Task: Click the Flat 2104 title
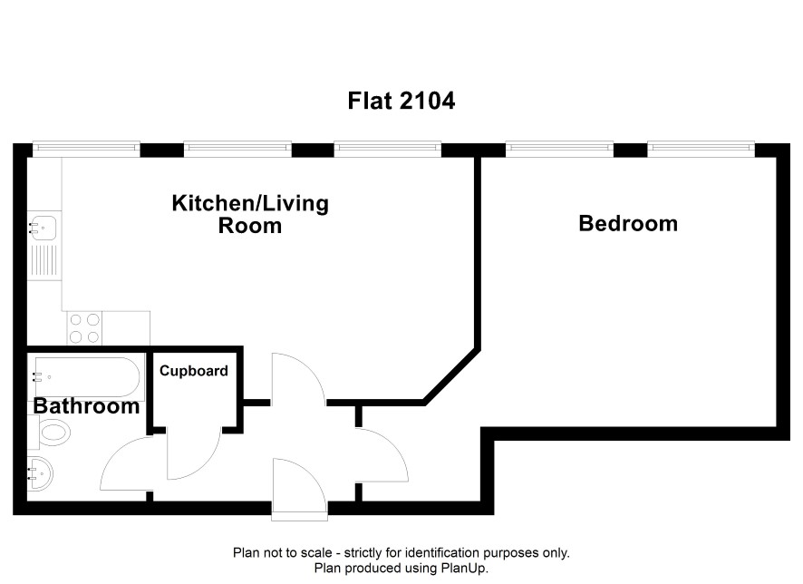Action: point(401,101)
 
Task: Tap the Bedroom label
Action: point(628,223)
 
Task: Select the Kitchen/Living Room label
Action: point(250,214)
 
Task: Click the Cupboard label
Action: point(194,370)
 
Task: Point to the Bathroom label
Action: point(86,405)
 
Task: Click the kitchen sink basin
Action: point(43,228)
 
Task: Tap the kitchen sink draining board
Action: point(44,260)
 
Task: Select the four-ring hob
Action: point(84,328)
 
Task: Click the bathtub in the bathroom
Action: point(86,377)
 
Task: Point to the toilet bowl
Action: point(53,432)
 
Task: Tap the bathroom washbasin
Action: point(40,472)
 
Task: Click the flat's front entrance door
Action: point(299,489)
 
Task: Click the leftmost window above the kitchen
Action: point(86,149)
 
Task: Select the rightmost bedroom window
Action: point(701,149)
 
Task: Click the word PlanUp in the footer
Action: point(464,568)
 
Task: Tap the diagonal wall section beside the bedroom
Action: point(452,376)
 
